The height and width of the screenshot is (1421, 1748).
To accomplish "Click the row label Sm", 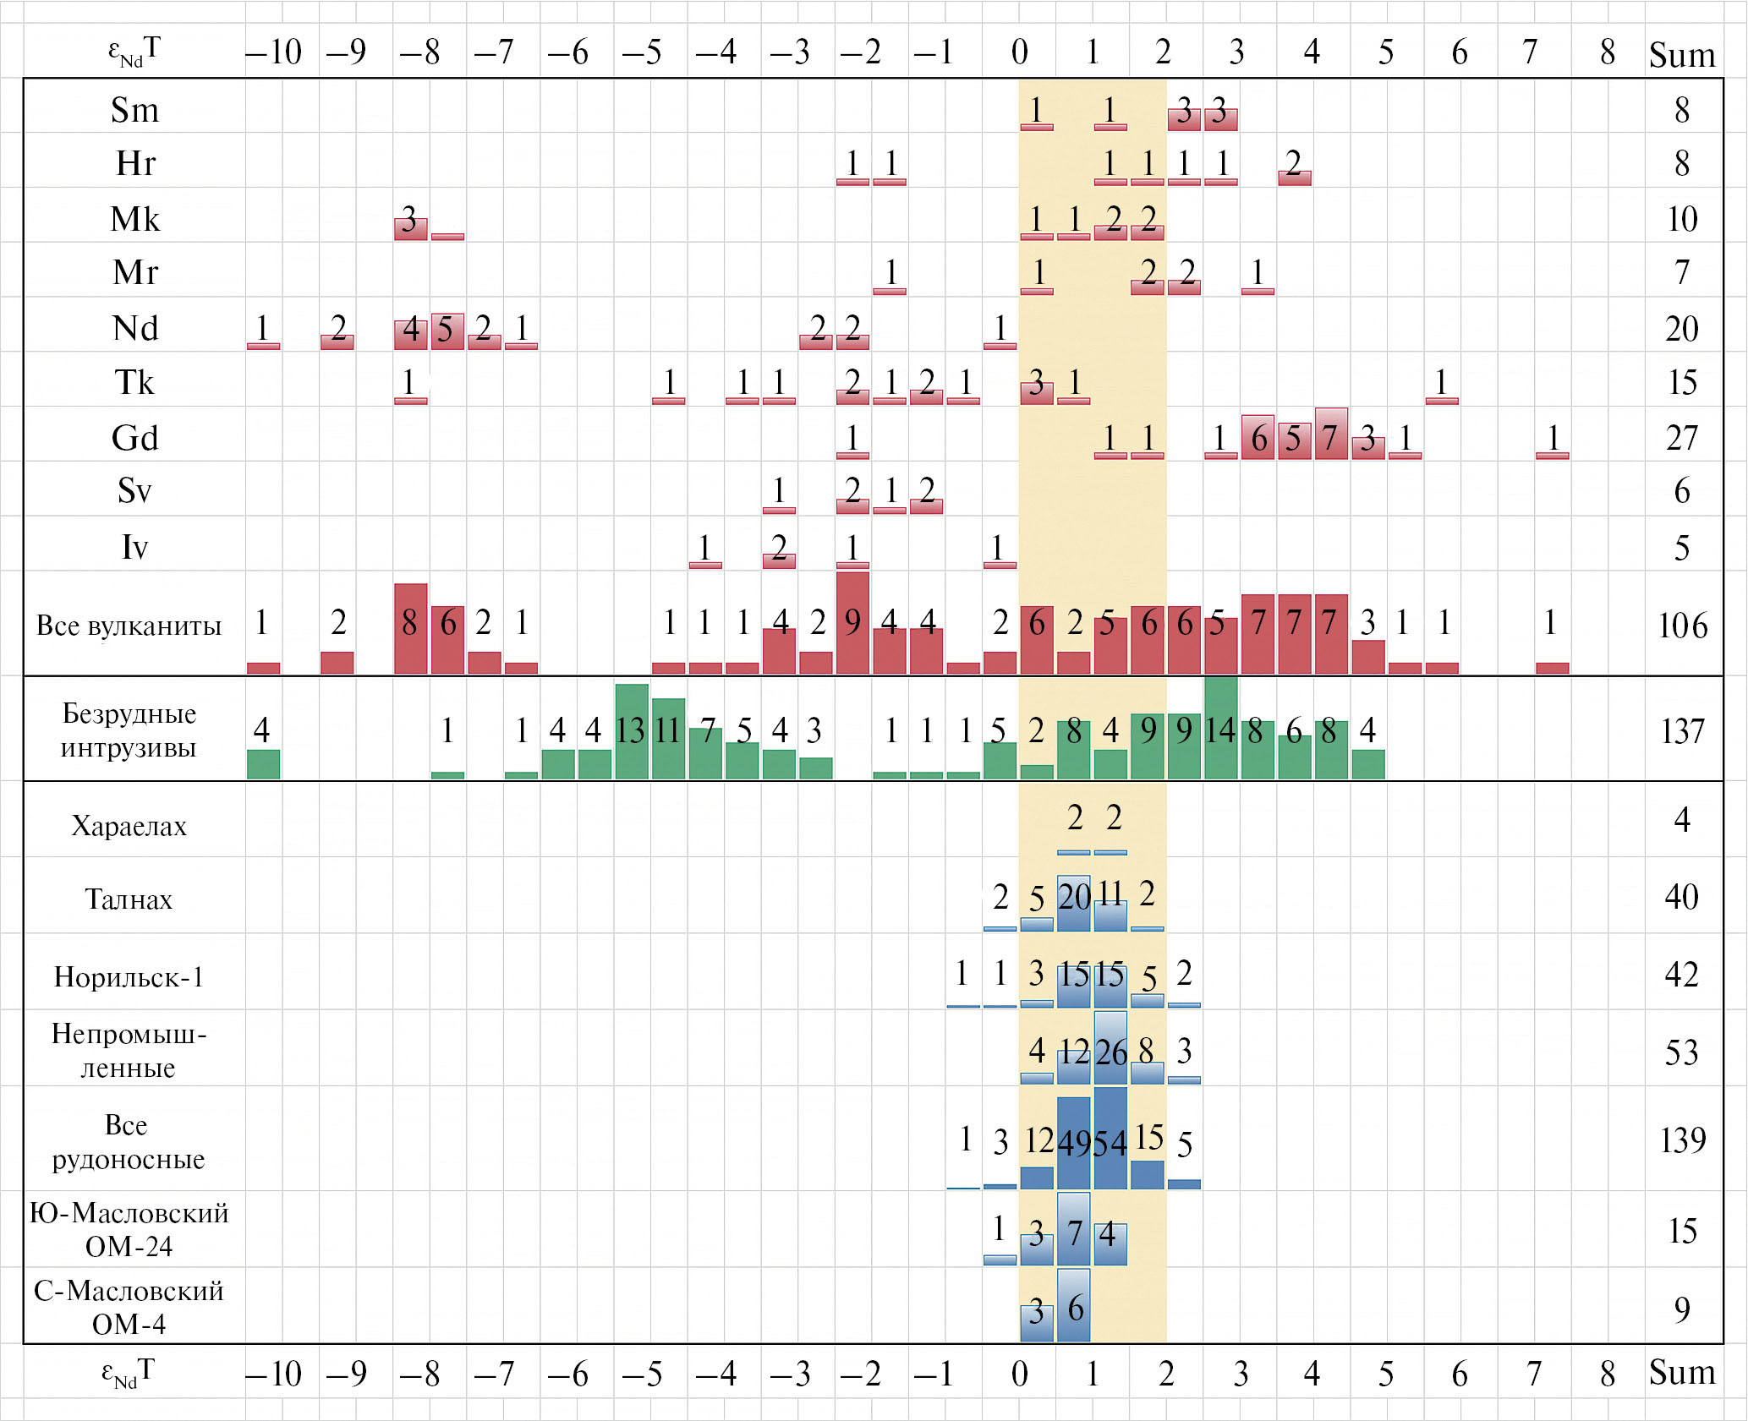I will pyautogui.click(x=134, y=110).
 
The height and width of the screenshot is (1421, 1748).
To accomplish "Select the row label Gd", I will pyautogui.click(x=134, y=438).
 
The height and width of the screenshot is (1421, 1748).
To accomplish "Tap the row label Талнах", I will pyautogui.click(x=129, y=899).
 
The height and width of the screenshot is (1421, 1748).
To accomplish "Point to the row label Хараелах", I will pyautogui.click(x=129, y=826).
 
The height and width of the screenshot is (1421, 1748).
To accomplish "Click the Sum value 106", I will pyautogui.click(x=1682, y=626).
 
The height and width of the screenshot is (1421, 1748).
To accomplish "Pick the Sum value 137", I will pyautogui.click(x=1682, y=731).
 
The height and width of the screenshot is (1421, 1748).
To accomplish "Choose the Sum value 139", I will pyautogui.click(x=1682, y=1140).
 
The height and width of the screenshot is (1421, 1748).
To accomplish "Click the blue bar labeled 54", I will pyautogui.click(x=1110, y=1139).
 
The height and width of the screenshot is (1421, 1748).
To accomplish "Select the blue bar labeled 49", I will pyautogui.click(x=1074, y=1143).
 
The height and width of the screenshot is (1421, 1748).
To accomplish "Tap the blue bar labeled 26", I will pyautogui.click(x=1110, y=1048).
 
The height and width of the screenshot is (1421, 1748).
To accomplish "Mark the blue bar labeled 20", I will pyautogui.click(x=1074, y=904).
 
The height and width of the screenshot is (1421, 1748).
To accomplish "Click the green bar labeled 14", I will pyautogui.click(x=1220, y=728).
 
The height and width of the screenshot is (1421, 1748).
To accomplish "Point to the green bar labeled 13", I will pyautogui.click(x=632, y=731).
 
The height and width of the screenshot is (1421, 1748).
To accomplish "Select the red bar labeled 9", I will pyautogui.click(x=852, y=623).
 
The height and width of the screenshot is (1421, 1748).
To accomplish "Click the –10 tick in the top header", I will pyautogui.click(x=273, y=52).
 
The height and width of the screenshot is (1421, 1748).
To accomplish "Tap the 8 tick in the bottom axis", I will pyautogui.click(x=1608, y=1374).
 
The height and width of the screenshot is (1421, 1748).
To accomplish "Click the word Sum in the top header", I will pyautogui.click(x=1682, y=55).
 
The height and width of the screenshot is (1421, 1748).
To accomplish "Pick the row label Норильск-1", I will pyautogui.click(x=129, y=977).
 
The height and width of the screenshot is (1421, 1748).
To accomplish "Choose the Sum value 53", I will pyautogui.click(x=1681, y=1052).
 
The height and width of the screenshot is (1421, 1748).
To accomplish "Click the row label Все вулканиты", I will pyautogui.click(x=129, y=626).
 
